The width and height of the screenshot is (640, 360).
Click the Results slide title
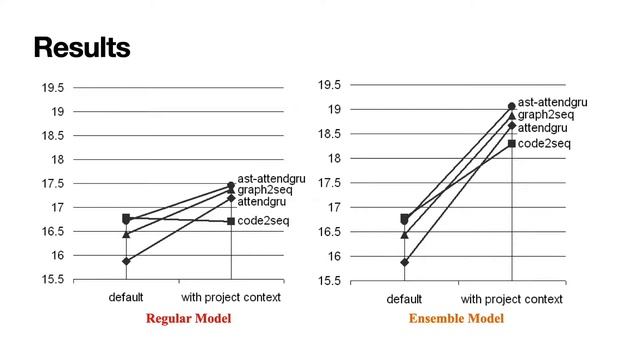(x=82, y=47)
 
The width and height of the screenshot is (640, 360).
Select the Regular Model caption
(x=189, y=319)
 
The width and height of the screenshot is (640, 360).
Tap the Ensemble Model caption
(x=456, y=319)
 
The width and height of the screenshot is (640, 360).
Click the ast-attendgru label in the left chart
(x=271, y=179)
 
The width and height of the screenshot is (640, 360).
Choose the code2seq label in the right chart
(x=545, y=144)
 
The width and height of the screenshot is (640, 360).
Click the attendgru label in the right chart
(x=543, y=128)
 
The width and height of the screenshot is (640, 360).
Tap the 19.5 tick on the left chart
(x=51, y=87)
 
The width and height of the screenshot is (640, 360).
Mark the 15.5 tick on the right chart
(x=328, y=281)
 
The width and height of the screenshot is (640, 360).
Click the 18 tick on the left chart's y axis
(x=57, y=159)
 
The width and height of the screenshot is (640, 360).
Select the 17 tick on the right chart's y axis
(x=335, y=207)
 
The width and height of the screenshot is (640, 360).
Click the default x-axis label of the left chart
(x=126, y=297)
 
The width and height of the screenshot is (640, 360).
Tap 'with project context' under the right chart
(x=512, y=299)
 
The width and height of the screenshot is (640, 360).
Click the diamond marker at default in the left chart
(x=126, y=261)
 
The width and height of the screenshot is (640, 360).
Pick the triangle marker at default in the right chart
(x=404, y=235)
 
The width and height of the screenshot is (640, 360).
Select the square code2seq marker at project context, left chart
(x=231, y=221)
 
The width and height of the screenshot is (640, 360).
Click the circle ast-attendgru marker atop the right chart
(x=512, y=105)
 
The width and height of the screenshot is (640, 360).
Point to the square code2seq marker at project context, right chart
(x=512, y=144)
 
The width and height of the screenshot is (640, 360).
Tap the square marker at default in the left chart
(x=126, y=218)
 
